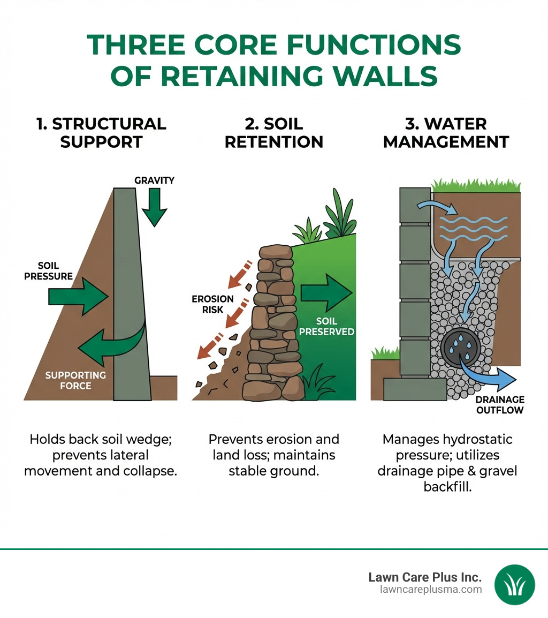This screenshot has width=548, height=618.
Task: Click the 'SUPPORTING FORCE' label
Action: point(75,380)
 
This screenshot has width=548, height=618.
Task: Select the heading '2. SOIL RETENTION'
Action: point(273,132)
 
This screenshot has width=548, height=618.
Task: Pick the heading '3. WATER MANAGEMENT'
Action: point(446,132)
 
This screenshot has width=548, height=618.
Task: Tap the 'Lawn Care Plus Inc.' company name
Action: point(425,577)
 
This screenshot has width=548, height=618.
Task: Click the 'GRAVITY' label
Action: point(154,180)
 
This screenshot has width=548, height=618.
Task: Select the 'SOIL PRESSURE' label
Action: point(55,272)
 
